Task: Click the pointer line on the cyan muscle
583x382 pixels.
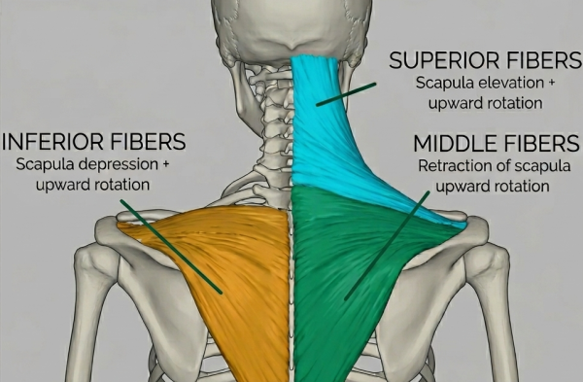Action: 346,94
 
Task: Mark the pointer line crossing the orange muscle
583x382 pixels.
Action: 171,247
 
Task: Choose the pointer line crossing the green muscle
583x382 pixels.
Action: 387,246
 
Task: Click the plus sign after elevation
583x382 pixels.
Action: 551,83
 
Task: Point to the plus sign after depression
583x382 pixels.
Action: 166,164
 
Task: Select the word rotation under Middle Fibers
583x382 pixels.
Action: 525,186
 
